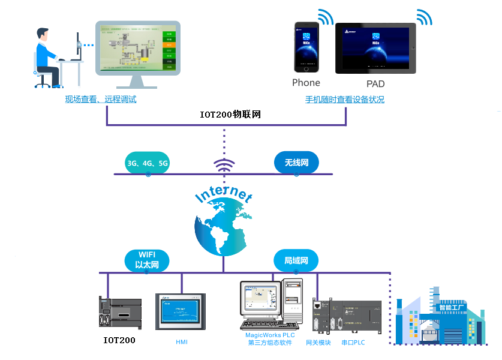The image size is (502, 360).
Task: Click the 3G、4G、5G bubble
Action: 148,163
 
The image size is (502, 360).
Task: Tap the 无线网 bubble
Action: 296,163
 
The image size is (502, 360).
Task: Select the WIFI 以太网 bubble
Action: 146,260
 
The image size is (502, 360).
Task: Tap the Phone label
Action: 306,83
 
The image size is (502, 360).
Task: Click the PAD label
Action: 375,84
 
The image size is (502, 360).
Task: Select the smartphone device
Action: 306,47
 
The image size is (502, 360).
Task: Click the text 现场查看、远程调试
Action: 101,100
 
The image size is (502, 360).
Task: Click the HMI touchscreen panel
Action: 181,311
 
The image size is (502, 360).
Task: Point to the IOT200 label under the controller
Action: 119,340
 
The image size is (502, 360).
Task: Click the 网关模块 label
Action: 318,343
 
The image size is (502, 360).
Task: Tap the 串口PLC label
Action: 353,343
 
